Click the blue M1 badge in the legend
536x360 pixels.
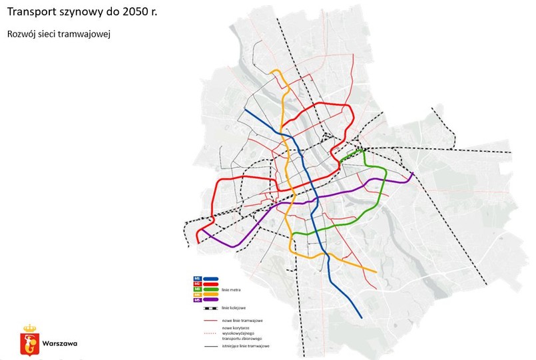pos(198,278)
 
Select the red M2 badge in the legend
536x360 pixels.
pos(198,283)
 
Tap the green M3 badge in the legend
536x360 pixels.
pos(198,289)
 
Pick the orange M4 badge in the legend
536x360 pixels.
pos(198,294)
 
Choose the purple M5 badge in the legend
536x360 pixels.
pos(198,300)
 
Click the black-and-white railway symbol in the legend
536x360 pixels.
pos(210,308)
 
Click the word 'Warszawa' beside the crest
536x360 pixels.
pos(59,344)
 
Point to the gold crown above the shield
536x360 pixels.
pos(29,328)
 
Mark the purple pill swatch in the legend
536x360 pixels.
pos(211,300)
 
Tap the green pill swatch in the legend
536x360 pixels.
pos(211,289)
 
